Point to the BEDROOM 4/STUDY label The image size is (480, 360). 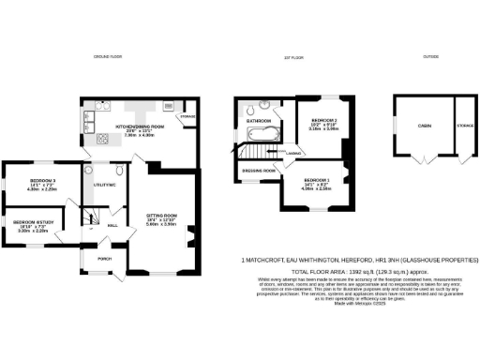34,222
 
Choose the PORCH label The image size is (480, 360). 103,259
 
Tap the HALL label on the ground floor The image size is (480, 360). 112,226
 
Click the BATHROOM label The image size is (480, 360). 259,121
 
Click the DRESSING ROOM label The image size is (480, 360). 258,171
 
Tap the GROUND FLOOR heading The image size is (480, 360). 109,57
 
